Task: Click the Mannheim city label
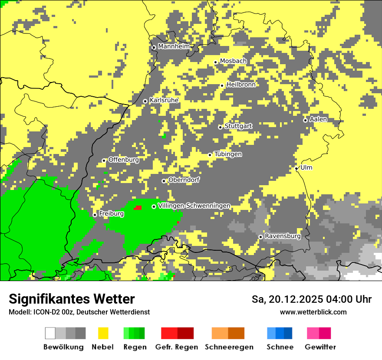coord(174,46)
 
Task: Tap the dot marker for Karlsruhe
coord(145,101)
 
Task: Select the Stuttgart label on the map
coord(238,126)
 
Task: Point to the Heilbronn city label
coord(240,85)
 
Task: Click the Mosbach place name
coord(233,61)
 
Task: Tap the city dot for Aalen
coord(305,120)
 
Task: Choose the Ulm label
coord(306,168)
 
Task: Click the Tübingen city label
coord(228,154)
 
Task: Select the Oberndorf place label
coord(184,180)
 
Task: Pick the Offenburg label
coord(124,160)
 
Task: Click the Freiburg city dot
coord(95,215)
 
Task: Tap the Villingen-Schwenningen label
coord(194,206)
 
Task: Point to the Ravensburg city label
coord(283,236)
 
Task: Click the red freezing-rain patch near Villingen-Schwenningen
coord(138,208)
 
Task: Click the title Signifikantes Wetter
coord(72,299)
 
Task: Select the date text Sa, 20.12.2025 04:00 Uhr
coord(312,299)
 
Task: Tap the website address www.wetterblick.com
coord(313,312)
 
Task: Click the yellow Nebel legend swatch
coord(103,333)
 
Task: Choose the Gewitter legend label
coord(320,347)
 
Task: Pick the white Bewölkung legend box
coord(50,333)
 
